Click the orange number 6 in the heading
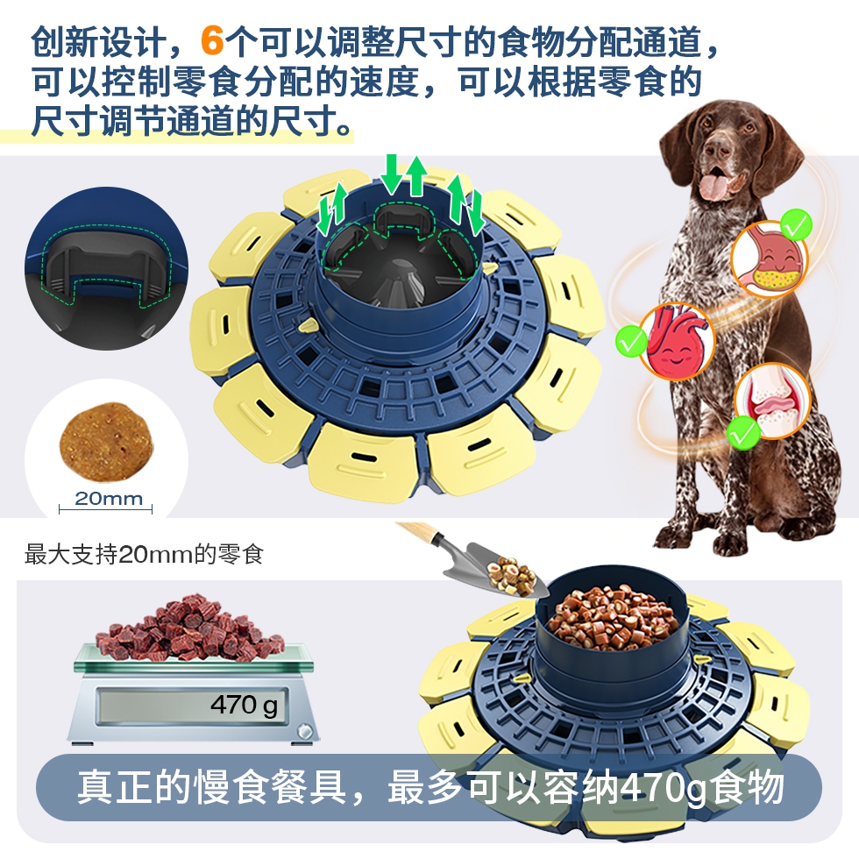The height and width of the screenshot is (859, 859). pyautogui.click(x=212, y=40)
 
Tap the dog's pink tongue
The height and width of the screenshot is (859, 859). pyautogui.click(x=713, y=185)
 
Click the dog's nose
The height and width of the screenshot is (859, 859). pyautogui.click(x=715, y=148)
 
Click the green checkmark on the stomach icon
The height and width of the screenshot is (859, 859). pyautogui.click(x=796, y=224)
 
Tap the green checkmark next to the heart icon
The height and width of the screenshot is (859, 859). pyautogui.click(x=631, y=341)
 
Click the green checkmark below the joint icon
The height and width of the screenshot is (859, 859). pyautogui.click(x=744, y=433)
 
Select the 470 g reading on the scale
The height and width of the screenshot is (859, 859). pyautogui.click(x=244, y=705)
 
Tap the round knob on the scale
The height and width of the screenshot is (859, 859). pyautogui.click(x=303, y=731)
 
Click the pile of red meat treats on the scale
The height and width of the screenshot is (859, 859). pyautogui.click(x=189, y=627)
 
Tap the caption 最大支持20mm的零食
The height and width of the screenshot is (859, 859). pyautogui.click(x=144, y=554)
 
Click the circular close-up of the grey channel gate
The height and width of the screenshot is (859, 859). pyautogui.click(x=106, y=268)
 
